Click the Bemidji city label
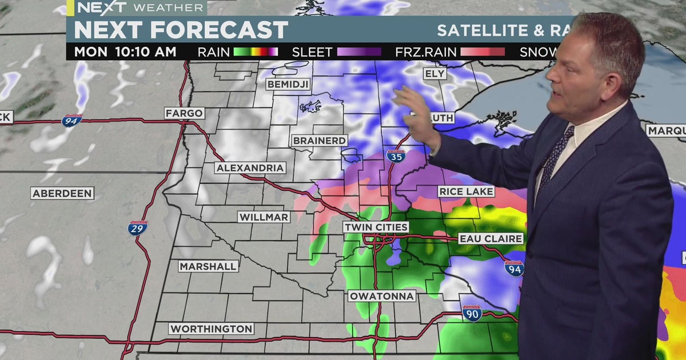tap(288, 85)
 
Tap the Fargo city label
tap(184, 113)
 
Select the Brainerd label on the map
tap(320, 141)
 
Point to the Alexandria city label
tap(250, 168)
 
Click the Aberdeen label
tap(62, 194)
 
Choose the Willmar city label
tap(264, 217)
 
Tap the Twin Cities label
tap(376, 227)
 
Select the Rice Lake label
tap(465, 191)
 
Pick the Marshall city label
tap(208, 266)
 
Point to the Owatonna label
tap(381, 296)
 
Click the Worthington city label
tap(211, 329)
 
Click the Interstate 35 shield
tap(395, 155)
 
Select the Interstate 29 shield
tap(137, 227)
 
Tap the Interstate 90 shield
tap(472, 313)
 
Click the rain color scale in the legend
tap(256, 52)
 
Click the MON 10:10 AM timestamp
tap(125, 52)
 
